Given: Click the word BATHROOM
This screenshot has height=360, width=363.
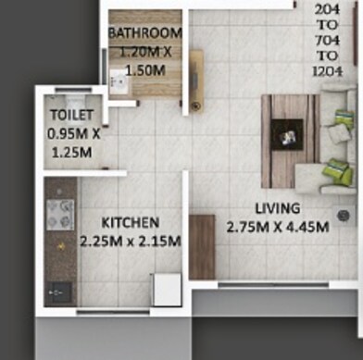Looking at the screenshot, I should coord(144,35).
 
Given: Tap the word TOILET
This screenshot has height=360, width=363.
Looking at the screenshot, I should coord(71,115).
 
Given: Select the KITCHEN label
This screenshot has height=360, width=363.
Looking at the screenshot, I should coord(131,223).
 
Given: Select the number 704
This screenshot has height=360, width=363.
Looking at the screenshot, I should coord(328,39).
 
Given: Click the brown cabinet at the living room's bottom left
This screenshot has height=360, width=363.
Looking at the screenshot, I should coord(201,246).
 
